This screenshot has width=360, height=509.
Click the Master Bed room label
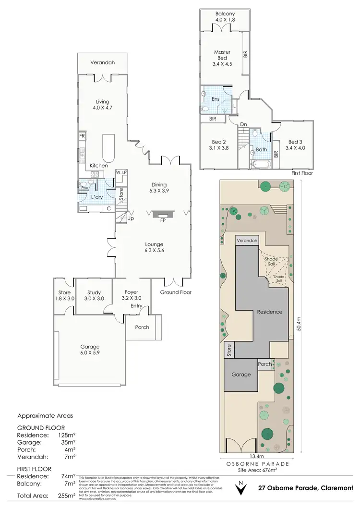point(222,55)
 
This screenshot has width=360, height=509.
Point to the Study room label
point(94,295)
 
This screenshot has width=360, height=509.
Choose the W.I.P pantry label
point(121,172)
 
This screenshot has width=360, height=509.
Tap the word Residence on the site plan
point(269,312)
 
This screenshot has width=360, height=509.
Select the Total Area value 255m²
point(67,495)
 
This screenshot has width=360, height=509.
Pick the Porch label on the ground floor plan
point(142,327)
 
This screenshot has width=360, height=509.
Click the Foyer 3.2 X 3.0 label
point(132,295)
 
